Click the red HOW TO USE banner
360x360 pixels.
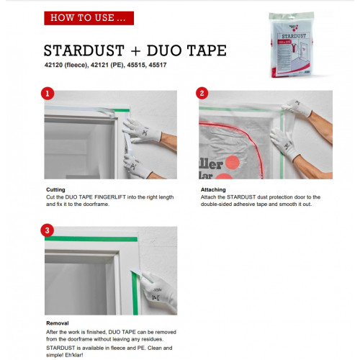pyautogui.click(x=89, y=18)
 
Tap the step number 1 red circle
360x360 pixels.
pyautogui.click(x=48, y=94)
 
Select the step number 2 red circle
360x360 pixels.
pyautogui.click(x=202, y=94)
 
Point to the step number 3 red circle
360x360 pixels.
pyautogui.click(x=47, y=230)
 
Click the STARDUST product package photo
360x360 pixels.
pyautogui.click(x=292, y=45)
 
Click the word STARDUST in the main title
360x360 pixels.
pyautogui.click(x=84, y=50)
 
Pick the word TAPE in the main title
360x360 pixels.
pyautogui.click(x=207, y=50)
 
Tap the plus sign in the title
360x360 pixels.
pyautogui.click(x=135, y=51)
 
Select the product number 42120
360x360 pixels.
pyautogui.click(x=53, y=65)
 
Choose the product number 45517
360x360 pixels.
pyautogui.click(x=158, y=65)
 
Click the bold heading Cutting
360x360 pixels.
pyautogui.click(x=55, y=189)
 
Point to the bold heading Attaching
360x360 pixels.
pyautogui.click(x=213, y=189)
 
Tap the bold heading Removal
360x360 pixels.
pyautogui.click(x=58, y=323)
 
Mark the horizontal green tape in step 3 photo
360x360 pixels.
pyautogui.click(x=91, y=239)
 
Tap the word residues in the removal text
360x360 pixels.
pyautogui.click(x=153, y=339)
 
